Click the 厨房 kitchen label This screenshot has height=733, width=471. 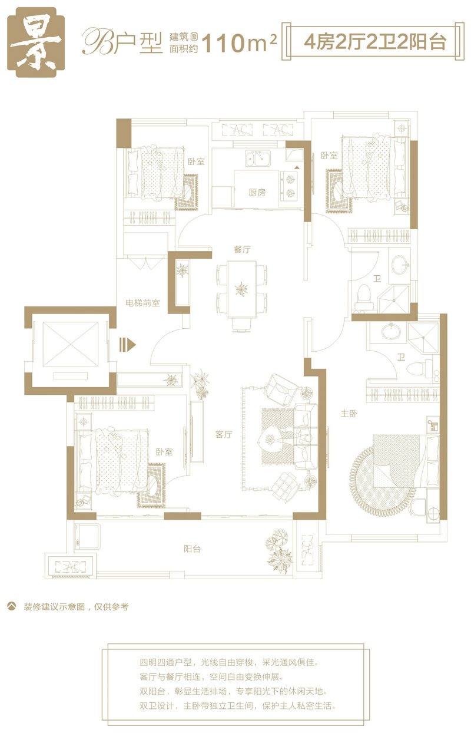257,193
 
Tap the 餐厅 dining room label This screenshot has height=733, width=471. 242,249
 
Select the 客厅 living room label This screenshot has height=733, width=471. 224,434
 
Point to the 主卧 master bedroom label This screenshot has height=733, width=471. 349,414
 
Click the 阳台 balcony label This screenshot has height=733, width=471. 192,549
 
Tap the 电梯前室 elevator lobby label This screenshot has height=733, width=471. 143,303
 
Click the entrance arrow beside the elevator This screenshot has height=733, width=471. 127,344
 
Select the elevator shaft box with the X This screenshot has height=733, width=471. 71,344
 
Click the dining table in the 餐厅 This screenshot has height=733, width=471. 242,289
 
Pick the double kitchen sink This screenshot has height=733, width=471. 258,159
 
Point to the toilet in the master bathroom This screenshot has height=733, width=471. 417,368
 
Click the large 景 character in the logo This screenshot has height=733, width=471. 36,42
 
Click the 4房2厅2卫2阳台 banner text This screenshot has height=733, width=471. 375,42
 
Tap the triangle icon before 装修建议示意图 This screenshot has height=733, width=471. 12,606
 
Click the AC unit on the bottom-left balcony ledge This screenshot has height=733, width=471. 71,566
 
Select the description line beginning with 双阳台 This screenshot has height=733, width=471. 233,691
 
